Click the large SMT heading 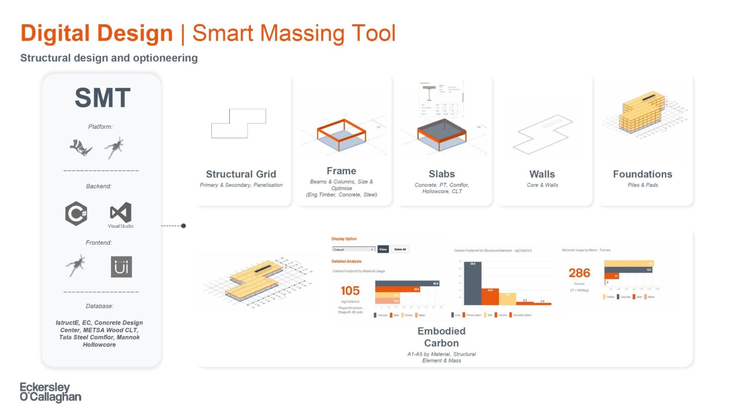(103, 98)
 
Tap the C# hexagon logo (76, 213)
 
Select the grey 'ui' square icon (121, 267)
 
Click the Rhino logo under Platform (81, 148)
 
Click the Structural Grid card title (241, 174)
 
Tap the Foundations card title (642, 174)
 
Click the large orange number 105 (350, 291)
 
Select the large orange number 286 (579, 273)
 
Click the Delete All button (400, 249)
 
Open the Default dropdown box (353, 250)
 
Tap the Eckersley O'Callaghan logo (51, 392)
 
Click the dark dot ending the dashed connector (183, 226)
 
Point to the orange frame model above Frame (341, 134)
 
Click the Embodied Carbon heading (441, 337)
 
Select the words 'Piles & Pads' (642, 185)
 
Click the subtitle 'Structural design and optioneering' (109, 58)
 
